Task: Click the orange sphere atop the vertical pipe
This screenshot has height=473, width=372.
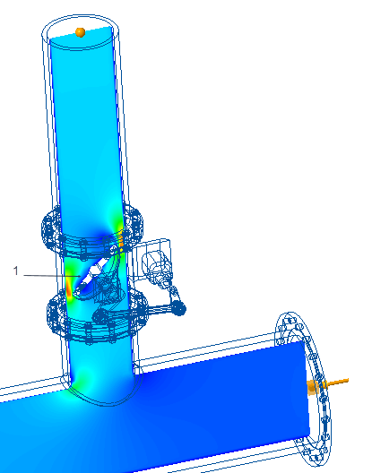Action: pyautogui.click(x=81, y=32)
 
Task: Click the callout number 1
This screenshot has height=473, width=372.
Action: pyautogui.click(x=16, y=271)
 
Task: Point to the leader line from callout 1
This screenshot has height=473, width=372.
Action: pyautogui.click(x=52, y=275)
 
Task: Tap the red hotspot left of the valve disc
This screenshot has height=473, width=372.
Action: pyautogui.click(x=69, y=289)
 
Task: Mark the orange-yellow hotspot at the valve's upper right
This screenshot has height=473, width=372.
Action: pyautogui.click(x=121, y=239)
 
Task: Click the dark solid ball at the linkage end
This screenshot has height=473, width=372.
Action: pyautogui.click(x=178, y=308)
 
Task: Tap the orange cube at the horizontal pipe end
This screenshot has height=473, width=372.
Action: pyautogui.click(x=313, y=387)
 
